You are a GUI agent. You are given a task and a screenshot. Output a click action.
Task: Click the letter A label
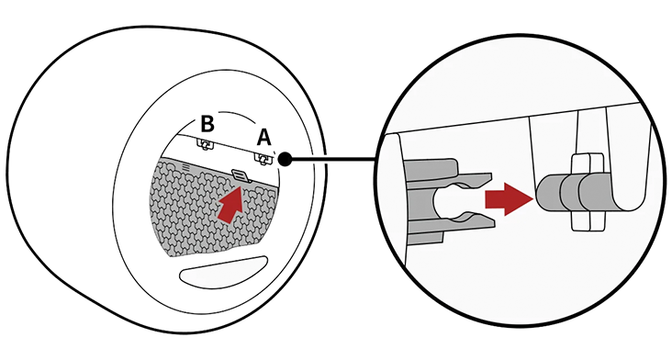click(x=264, y=138)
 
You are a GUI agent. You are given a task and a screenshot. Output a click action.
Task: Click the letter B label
click(x=207, y=124)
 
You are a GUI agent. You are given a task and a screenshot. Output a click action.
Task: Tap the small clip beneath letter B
click(x=207, y=144)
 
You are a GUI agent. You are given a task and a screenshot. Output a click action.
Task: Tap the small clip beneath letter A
click(x=263, y=159)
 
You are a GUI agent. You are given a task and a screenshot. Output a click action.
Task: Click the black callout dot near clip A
click(x=285, y=160)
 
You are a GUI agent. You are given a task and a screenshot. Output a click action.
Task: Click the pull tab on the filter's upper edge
click(x=241, y=175)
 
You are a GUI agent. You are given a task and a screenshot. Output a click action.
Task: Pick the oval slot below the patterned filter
click(x=223, y=272)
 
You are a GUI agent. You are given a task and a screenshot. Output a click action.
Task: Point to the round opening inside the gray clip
click(x=446, y=200)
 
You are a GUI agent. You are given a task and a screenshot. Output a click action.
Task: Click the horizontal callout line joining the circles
click(x=333, y=160)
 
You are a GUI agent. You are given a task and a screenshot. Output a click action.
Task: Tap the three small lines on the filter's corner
click(x=185, y=165)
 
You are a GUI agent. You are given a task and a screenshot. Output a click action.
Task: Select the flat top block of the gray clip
click(x=430, y=166)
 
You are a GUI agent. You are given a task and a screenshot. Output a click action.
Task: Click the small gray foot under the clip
click(x=424, y=238)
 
